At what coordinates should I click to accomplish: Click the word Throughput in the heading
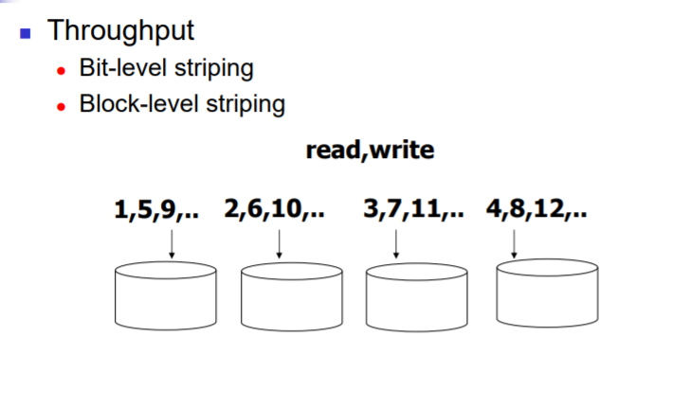click(120, 31)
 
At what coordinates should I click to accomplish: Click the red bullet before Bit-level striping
click(62, 71)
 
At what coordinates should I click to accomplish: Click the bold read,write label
click(370, 151)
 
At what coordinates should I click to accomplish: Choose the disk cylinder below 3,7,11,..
click(417, 297)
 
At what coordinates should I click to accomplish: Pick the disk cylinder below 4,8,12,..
click(547, 293)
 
